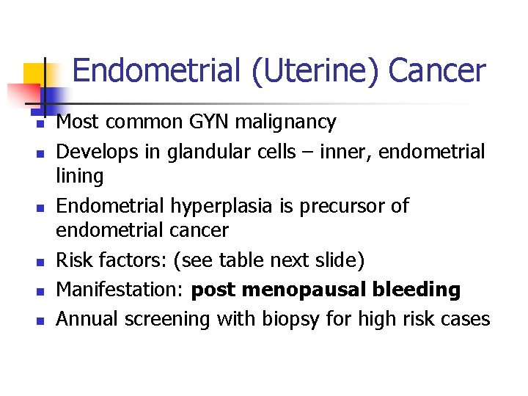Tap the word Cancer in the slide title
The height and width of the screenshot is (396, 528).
437,71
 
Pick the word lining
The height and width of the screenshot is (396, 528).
80,176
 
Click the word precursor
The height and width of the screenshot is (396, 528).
340,206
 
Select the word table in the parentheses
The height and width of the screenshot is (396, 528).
265,260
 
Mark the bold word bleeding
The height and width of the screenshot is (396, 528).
417,290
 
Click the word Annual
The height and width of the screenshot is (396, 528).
88,320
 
